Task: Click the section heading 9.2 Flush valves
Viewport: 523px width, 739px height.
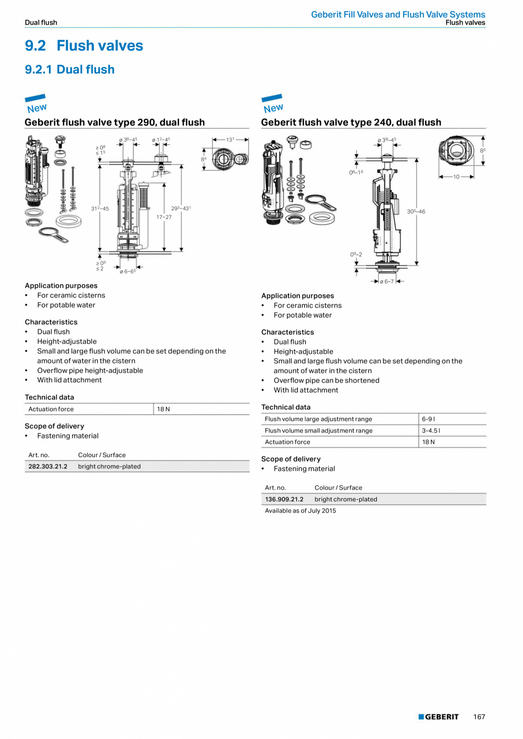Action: pos(84,45)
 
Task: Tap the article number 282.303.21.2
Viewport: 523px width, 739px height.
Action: pos(48,466)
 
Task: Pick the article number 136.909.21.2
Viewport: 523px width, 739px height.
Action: pos(284,499)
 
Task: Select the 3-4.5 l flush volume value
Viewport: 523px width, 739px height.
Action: pos(431,430)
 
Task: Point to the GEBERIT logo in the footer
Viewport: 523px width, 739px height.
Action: pos(438,717)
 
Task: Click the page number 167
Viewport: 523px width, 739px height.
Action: pos(479,717)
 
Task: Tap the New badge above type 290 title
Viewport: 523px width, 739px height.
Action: pos(36,103)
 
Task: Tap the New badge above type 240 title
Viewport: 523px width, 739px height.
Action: pos(273,103)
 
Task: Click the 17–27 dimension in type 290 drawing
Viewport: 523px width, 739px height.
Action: pos(164,217)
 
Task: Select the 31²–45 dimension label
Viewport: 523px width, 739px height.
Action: pos(99,209)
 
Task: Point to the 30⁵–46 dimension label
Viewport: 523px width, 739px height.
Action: pos(416,211)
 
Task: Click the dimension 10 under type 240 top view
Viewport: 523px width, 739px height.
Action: pos(456,177)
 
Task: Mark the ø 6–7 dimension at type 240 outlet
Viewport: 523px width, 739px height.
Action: pos(387,282)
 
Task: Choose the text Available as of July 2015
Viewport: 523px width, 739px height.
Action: pos(300,510)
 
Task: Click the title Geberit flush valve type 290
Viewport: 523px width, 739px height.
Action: pos(114,122)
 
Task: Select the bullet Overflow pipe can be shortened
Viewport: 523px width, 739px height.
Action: pos(326,380)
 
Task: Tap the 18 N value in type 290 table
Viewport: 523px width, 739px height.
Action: pos(164,409)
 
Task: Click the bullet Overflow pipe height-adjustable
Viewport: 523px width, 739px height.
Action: pos(90,371)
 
